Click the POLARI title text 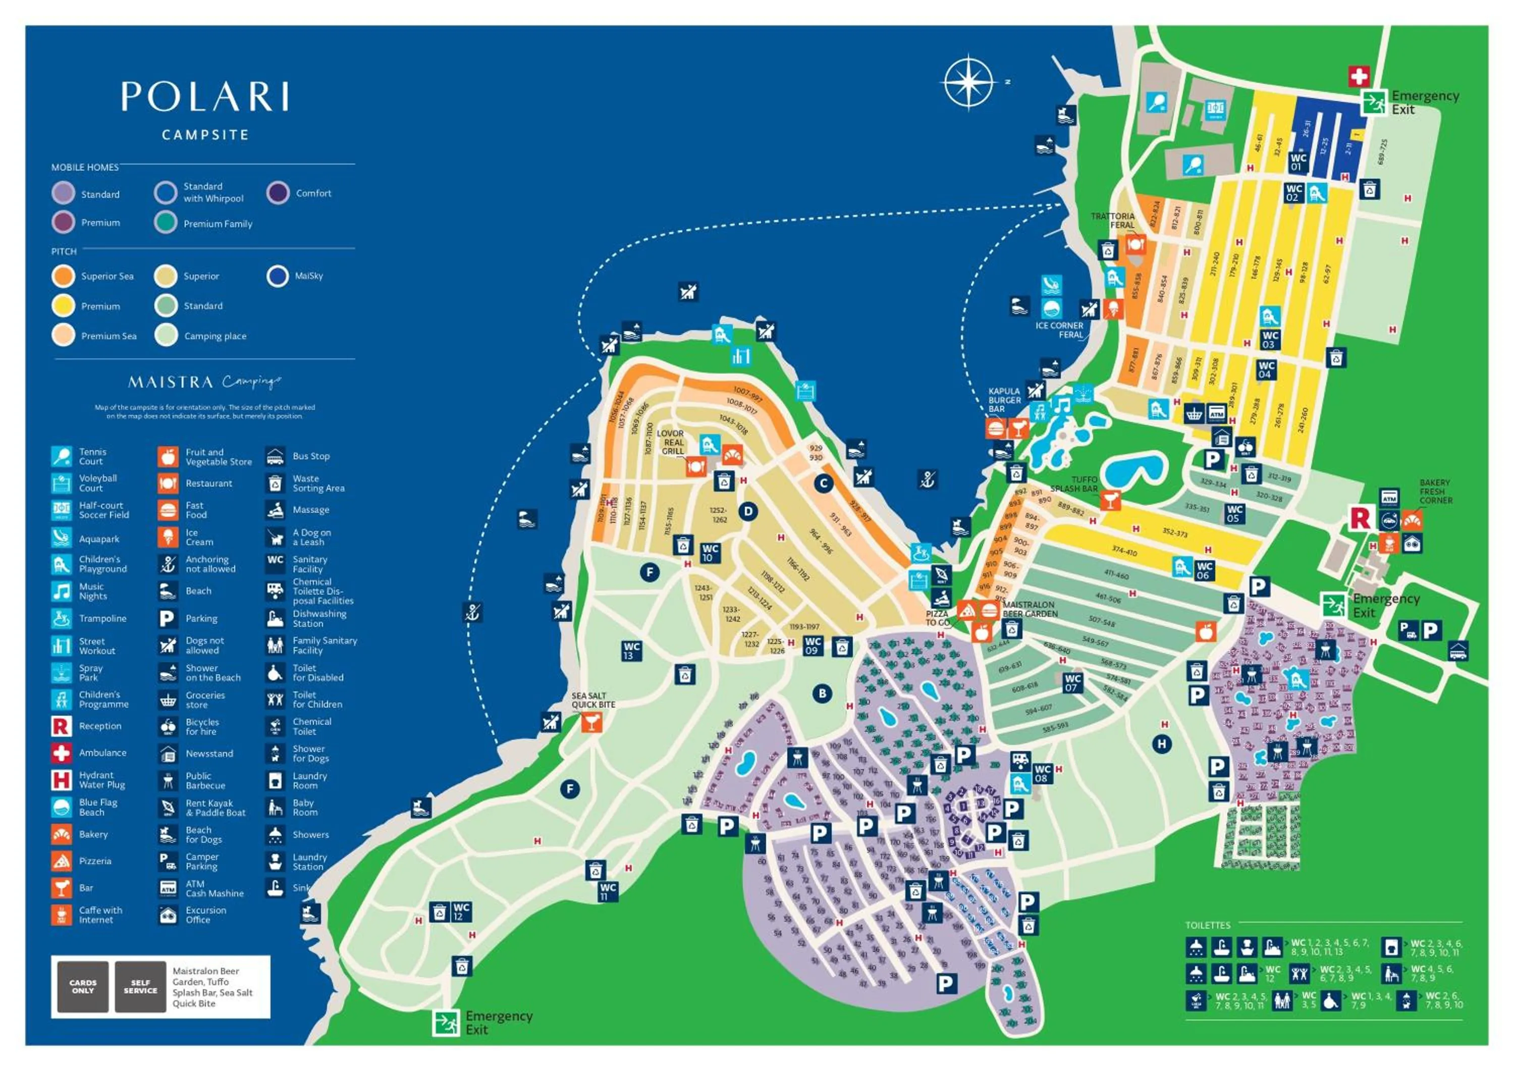(x=204, y=97)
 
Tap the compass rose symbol (x=968, y=83)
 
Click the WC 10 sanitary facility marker (x=710, y=553)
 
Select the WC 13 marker (x=631, y=650)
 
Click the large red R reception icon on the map (x=1360, y=518)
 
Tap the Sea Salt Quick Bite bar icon (x=591, y=722)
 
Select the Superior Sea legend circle (x=63, y=276)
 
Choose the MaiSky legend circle (x=278, y=276)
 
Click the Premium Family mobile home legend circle (x=166, y=223)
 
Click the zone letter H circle (x=1161, y=744)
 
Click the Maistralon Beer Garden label (x=1030, y=609)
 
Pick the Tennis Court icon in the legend (x=62, y=456)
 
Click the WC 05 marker (x=1234, y=513)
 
